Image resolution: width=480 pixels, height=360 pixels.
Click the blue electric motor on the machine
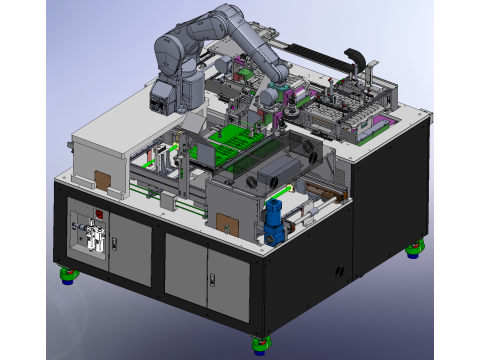click(x=272, y=217)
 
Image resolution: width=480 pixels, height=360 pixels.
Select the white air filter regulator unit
click(x=92, y=238)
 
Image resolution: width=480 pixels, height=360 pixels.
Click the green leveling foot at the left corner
click(x=70, y=273)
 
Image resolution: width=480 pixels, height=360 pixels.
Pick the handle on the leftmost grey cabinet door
click(x=113, y=243)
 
